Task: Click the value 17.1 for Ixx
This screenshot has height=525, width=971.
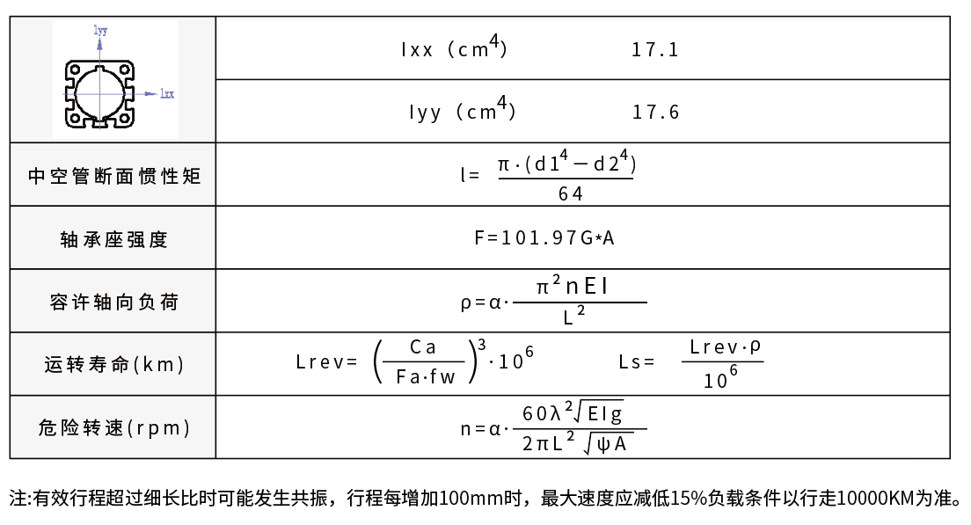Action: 654,49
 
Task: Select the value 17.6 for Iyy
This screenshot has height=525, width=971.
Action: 655,112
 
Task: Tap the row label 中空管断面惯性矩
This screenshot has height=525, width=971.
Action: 114,177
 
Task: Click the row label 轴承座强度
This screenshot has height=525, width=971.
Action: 114,239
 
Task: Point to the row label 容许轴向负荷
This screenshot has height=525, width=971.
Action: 114,303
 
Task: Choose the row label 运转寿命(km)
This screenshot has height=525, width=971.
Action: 114,364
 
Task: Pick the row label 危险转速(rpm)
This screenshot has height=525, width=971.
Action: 114,427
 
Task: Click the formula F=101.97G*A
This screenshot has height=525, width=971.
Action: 544,237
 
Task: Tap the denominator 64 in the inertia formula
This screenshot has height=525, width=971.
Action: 570,193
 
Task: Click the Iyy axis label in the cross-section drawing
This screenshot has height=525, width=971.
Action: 100,30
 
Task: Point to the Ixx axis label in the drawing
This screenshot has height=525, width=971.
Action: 167,93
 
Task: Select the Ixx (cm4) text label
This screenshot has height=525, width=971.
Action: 454,47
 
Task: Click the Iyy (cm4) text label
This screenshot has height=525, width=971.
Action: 462,110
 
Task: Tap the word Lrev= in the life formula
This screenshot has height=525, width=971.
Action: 327,361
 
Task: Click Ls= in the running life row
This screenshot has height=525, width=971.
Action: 637,361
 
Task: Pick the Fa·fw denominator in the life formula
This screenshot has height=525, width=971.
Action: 426,376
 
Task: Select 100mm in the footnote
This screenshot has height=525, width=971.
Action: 480,498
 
